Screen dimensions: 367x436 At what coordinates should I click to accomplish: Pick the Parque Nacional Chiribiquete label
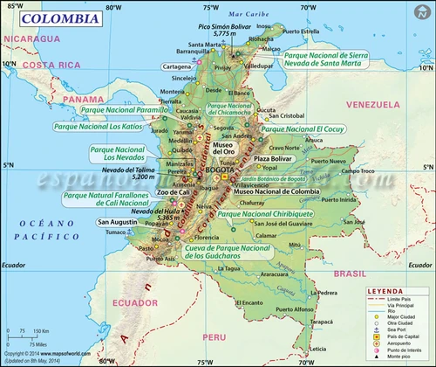[267, 212]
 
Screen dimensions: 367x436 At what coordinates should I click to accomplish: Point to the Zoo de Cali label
[153, 191]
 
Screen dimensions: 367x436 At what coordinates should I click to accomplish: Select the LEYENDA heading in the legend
[385, 290]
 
